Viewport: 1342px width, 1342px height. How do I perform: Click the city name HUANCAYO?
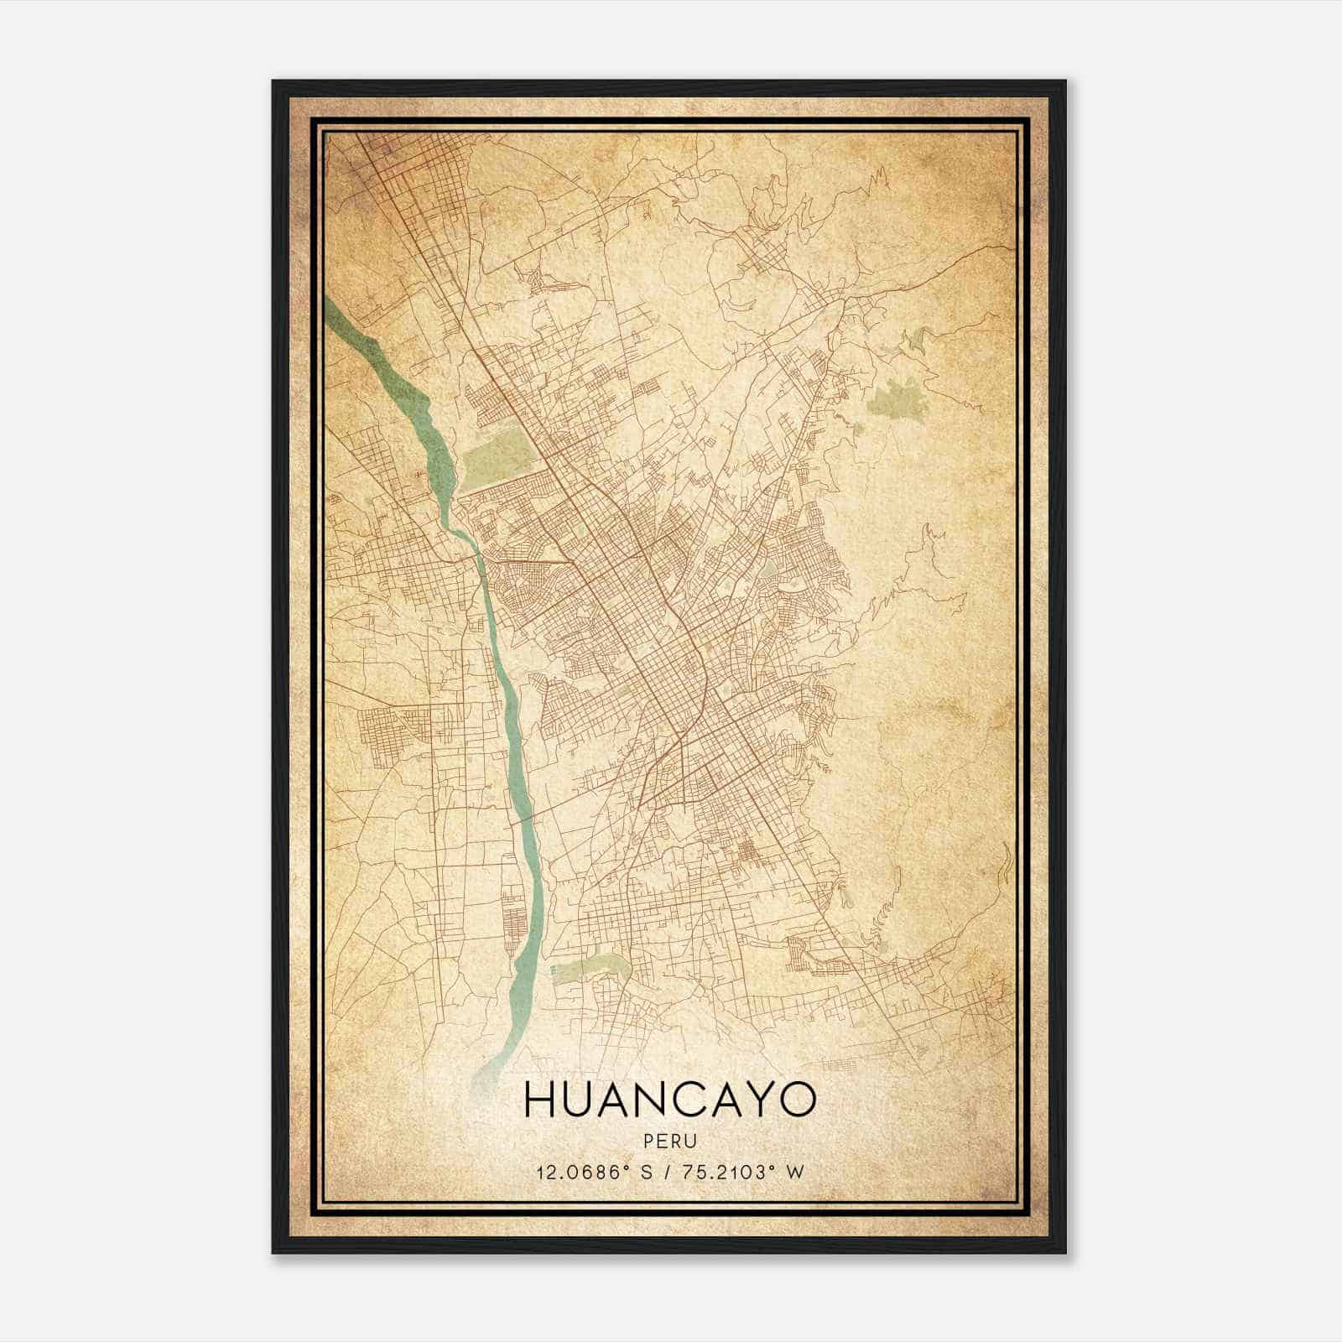click(669, 1100)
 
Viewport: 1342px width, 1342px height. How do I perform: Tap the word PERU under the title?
click(669, 1140)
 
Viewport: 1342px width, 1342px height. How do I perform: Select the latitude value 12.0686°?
click(580, 1172)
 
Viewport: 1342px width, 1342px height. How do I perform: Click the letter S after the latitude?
click(645, 1172)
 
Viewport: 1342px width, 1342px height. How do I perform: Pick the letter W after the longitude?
click(795, 1172)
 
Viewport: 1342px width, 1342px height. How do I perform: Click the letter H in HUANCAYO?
click(538, 1100)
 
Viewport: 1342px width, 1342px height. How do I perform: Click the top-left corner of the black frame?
click(274, 82)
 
